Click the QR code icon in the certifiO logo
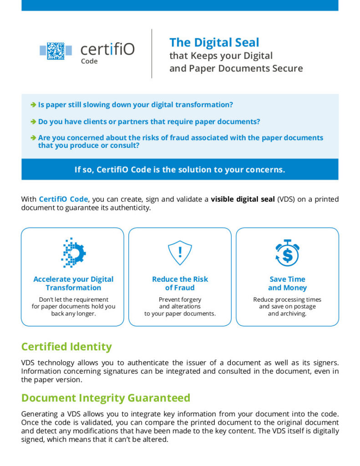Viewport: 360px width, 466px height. [56, 50]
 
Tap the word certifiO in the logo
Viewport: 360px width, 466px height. [107, 49]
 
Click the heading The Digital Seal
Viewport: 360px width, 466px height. [214, 43]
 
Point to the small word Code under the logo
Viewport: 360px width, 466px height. [89, 61]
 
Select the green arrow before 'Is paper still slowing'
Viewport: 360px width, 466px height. [33, 105]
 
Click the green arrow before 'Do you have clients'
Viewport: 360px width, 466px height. [33, 122]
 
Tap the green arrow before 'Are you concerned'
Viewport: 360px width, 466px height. [33, 137]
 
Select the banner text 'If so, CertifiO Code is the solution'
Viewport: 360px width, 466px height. [180, 170]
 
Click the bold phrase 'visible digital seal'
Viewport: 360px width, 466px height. [243, 199]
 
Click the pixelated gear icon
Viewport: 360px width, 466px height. [73, 253]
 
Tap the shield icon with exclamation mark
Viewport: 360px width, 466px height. [180, 253]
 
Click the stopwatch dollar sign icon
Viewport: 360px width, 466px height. [287, 253]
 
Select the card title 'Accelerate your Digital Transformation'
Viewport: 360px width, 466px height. [73, 284]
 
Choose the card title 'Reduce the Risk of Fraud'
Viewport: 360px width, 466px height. [180, 284]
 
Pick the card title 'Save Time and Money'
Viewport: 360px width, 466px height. [287, 284]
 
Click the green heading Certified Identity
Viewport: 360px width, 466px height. [66, 347]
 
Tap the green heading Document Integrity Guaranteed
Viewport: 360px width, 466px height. [106, 398]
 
